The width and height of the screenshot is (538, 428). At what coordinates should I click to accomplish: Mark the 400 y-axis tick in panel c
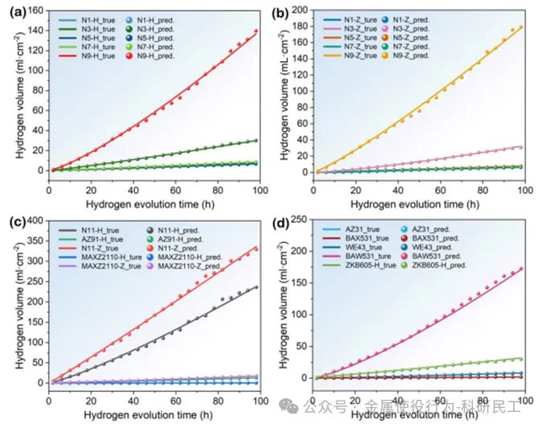click(x=33, y=220)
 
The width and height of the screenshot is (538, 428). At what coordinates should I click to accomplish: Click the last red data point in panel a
click(x=256, y=31)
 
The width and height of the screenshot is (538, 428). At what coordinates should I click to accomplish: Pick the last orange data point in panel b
click(x=520, y=27)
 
